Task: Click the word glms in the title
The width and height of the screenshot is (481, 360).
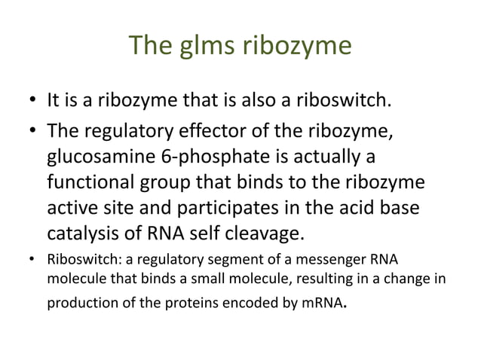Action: coord(204,47)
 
